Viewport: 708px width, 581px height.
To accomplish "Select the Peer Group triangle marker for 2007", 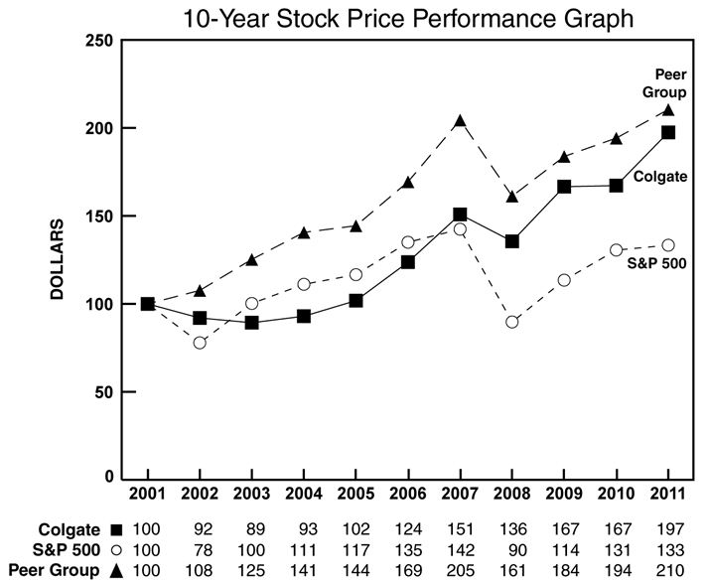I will (460, 121).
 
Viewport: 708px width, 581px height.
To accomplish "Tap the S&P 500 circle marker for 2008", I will (511, 322).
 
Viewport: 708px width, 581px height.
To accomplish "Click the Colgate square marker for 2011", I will (667, 132).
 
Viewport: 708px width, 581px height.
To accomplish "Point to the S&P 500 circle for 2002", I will (200, 343).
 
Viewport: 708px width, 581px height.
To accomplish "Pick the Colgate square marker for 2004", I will (304, 316).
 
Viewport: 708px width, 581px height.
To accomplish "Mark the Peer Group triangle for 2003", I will (251, 260).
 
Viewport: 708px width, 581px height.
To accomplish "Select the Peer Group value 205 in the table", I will (460, 570).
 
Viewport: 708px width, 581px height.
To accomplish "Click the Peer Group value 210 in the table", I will (667, 570).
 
